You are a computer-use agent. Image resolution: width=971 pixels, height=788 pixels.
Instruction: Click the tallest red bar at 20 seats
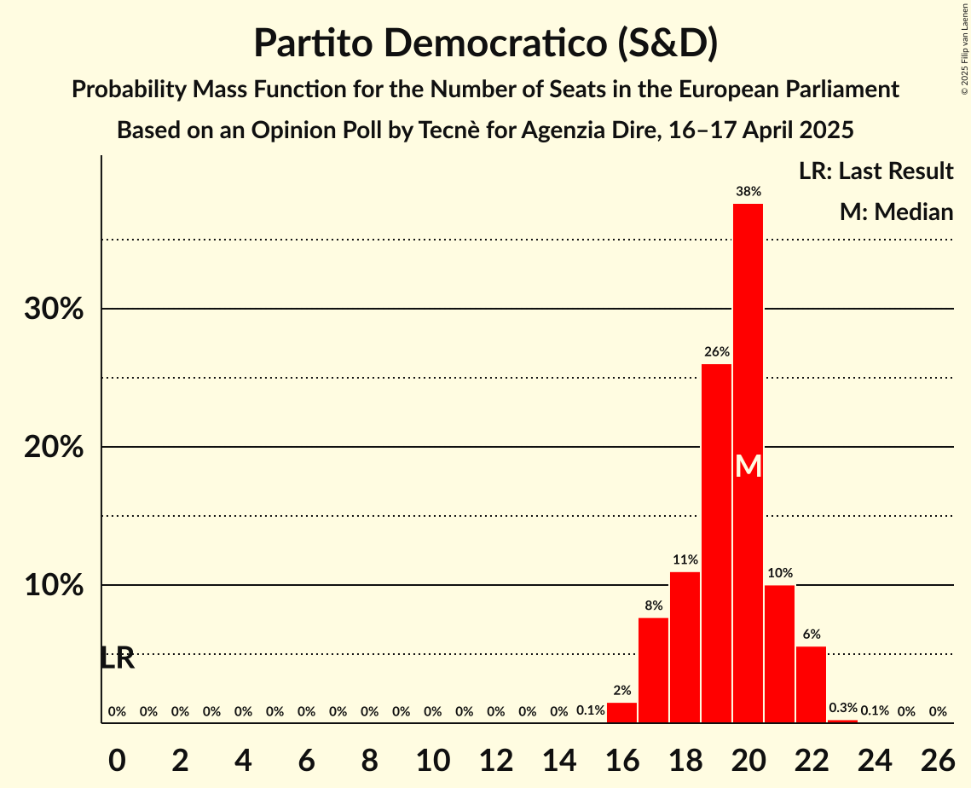click(x=748, y=341)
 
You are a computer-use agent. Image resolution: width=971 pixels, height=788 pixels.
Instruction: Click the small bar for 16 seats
click(x=621, y=713)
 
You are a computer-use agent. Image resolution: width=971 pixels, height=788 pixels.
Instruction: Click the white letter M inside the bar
click(x=748, y=466)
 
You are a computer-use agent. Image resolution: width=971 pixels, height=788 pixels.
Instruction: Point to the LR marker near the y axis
click(x=117, y=658)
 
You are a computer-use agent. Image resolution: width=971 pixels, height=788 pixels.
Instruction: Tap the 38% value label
click(x=748, y=192)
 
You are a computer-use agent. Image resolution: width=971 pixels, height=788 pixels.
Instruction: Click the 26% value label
click(x=716, y=351)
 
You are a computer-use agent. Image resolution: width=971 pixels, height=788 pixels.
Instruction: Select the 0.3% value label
click(x=843, y=708)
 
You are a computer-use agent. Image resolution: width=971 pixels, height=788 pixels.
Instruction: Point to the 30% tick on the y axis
click(x=54, y=310)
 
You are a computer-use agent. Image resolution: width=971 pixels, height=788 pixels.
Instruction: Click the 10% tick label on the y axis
click(x=54, y=586)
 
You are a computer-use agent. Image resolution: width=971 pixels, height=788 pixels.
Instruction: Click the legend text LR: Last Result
click(x=876, y=171)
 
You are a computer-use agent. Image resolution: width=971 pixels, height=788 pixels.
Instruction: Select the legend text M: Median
click(x=896, y=212)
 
